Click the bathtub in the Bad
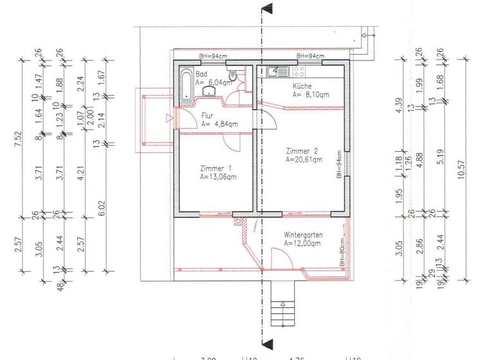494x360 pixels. [186, 85]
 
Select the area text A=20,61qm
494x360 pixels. [304, 159]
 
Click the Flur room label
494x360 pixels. [208, 116]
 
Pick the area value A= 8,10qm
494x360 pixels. [311, 94]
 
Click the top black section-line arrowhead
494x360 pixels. [267, 9]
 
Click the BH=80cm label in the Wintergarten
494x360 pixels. [343, 254]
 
